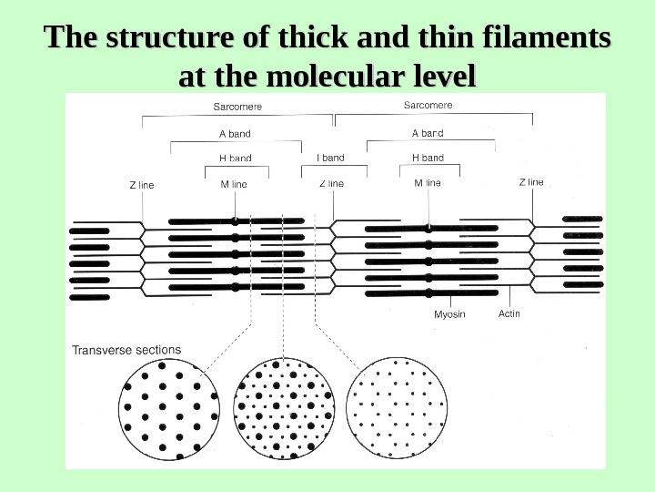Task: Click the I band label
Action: (330, 158)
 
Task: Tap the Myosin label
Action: (449, 314)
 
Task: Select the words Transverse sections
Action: (126, 350)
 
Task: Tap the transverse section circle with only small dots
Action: (398, 406)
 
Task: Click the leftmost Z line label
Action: (142, 185)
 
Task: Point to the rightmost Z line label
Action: (531, 182)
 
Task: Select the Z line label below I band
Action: (331, 183)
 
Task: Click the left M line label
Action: (234, 185)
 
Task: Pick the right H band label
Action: (428, 158)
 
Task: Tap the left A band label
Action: (235, 134)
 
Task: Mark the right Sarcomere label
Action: (428, 106)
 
